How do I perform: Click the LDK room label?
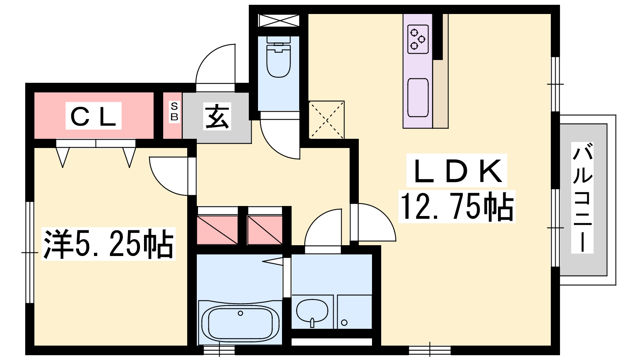click(x=456, y=170)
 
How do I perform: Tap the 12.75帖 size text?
click(x=456, y=206)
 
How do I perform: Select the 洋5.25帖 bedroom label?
click(x=108, y=244)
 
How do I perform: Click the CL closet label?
click(x=94, y=116)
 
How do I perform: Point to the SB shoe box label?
click(x=174, y=112)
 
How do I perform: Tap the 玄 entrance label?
click(x=217, y=116)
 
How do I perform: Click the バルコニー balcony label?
click(x=582, y=198)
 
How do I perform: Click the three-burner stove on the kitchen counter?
click(x=418, y=39)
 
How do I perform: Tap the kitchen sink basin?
click(x=418, y=98)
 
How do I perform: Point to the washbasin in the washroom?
click(x=312, y=312)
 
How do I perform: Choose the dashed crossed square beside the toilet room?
click(x=326, y=120)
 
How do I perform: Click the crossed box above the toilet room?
click(x=278, y=20)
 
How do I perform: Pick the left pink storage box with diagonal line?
click(x=218, y=230)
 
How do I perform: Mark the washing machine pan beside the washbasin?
click(x=354, y=312)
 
